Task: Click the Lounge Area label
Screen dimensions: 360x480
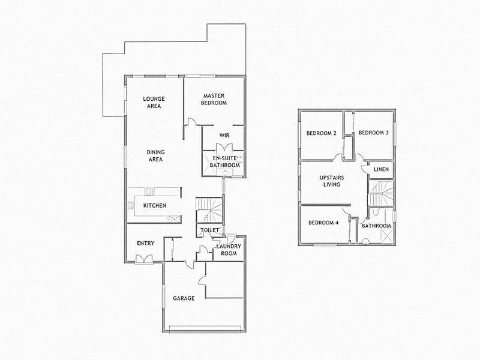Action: [x=154, y=102]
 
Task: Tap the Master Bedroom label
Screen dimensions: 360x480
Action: [x=214, y=99]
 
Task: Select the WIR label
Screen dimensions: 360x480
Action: [x=225, y=135]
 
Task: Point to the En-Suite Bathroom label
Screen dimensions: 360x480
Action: [x=225, y=161]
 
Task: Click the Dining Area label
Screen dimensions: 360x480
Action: [x=155, y=156]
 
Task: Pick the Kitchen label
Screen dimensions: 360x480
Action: [x=154, y=206]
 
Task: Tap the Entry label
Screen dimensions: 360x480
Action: [x=146, y=243]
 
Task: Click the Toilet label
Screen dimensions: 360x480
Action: [x=209, y=230]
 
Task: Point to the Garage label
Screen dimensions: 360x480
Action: [x=184, y=298]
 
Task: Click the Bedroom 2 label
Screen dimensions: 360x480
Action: [x=321, y=133]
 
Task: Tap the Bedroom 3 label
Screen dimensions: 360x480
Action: [x=373, y=133]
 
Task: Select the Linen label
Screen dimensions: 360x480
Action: [x=381, y=170]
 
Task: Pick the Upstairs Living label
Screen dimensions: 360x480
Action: [x=331, y=181]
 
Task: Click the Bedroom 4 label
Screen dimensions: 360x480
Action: [x=323, y=223]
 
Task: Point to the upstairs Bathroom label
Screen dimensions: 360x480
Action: [x=377, y=226]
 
